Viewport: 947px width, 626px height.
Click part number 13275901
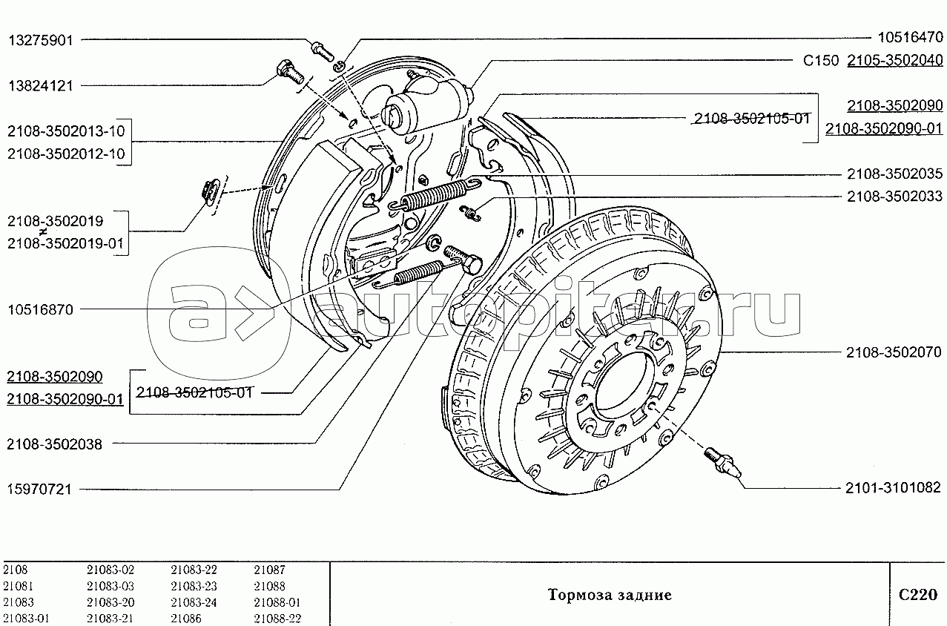click(40, 40)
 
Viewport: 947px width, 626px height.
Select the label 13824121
click(40, 85)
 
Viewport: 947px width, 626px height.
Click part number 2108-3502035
click(894, 175)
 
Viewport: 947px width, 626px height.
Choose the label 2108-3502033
click(894, 197)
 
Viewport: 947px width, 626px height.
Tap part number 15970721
click(40, 490)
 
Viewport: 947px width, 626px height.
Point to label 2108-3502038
click(54, 444)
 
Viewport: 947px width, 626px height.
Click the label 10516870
click(40, 310)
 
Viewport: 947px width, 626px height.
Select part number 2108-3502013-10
click(67, 132)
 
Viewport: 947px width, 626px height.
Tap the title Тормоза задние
click(610, 595)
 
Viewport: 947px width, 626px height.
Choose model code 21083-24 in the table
click(194, 602)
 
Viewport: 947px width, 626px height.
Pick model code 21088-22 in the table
click(277, 619)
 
